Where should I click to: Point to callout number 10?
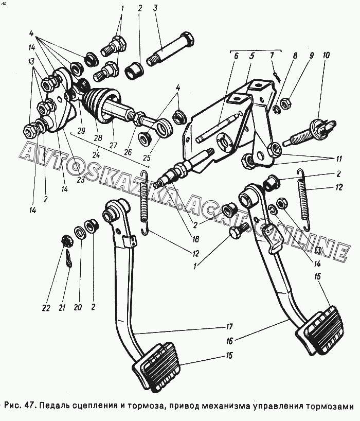pyautogui.click(x=327, y=55)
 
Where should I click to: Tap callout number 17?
pyautogui.click(x=229, y=326)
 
